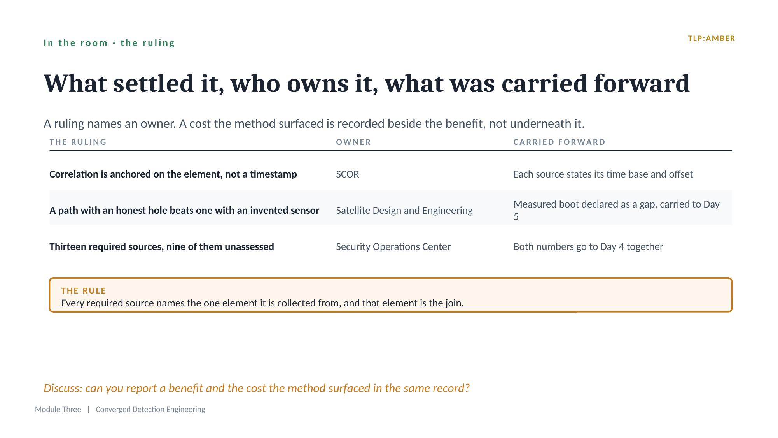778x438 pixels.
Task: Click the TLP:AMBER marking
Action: click(x=712, y=39)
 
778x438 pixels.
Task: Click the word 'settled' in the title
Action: click(x=154, y=83)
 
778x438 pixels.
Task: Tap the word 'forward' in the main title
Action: click(x=642, y=83)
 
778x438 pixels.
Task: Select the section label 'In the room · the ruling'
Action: click(x=109, y=43)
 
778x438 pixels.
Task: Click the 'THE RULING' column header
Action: click(x=78, y=142)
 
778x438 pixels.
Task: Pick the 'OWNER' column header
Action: click(x=353, y=142)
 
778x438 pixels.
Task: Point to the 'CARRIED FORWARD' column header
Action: click(x=559, y=142)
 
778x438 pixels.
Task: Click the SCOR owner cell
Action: click(x=348, y=174)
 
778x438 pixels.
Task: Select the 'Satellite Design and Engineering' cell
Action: click(x=404, y=211)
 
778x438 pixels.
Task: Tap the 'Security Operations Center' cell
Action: click(x=393, y=247)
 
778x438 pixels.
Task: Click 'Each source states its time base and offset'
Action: click(x=603, y=174)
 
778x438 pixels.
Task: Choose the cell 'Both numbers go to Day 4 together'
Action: click(x=588, y=247)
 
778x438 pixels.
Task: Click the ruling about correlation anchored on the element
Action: click(x=173, y=174)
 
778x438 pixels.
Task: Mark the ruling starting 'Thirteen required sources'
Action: click(x=162, y=247)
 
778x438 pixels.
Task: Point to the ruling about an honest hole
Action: click(x=184, y=211)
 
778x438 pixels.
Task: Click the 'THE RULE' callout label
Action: click(x=84, y=291)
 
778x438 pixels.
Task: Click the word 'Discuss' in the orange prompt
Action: click(x=63, y=388)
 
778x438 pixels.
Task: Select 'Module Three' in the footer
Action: click(x=58, y=409)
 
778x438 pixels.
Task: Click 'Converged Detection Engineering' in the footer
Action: click(x=150, y=410)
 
